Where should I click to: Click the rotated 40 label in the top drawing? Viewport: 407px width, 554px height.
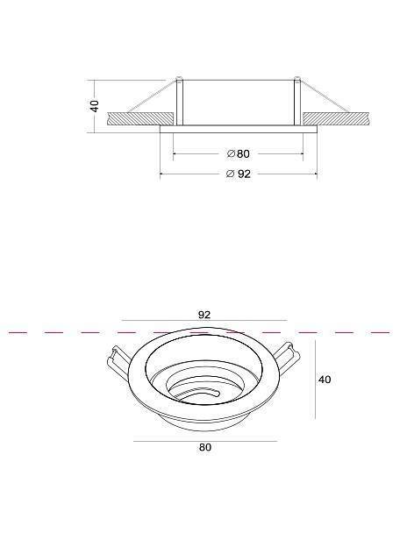click(x=95, y=106)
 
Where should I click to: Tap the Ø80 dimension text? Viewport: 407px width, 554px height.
click(x=239, y=153)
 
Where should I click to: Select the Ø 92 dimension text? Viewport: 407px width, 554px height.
click(x=239, y=174)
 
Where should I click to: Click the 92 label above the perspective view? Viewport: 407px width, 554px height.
click(x=204, y=315)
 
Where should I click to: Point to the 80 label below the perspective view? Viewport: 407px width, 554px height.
click(x=205, y=447)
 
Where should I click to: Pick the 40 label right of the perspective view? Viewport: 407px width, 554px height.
click(x=325, y=380)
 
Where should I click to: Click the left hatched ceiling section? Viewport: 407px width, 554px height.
click(x=140, y=118)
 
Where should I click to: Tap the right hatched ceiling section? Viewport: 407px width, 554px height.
click(x=336, y=118)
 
